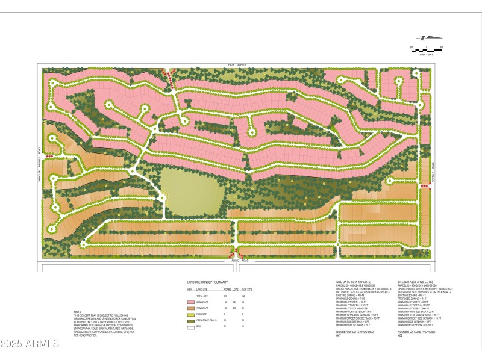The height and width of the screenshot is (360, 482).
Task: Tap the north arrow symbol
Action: tap(425, 37)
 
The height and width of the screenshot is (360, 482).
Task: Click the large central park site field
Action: tap(192, 191)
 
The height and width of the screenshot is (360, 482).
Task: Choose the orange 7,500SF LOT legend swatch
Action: tap(191, 307)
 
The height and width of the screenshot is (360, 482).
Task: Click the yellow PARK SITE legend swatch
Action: tap(191, 314)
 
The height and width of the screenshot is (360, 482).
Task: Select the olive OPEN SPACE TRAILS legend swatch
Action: tap(191, 320)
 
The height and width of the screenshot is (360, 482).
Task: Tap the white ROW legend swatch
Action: tap(191, 327)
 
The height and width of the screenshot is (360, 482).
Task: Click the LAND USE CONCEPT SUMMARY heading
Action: tap(207, 282)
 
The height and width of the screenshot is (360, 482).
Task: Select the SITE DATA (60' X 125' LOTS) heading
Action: tap(416, 281)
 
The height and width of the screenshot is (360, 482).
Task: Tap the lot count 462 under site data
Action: tap(400, 335)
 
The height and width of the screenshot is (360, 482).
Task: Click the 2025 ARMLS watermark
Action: tap(29, 344)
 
